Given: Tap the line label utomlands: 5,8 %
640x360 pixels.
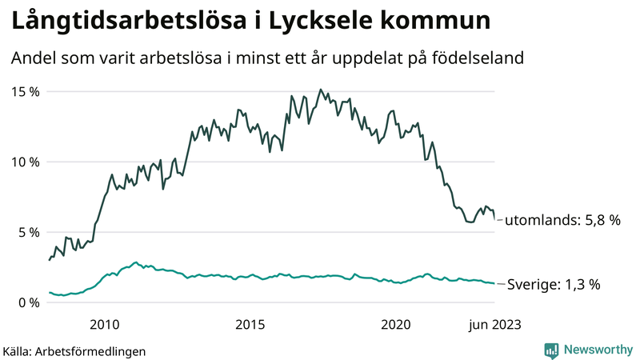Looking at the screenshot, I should tap(563, 220).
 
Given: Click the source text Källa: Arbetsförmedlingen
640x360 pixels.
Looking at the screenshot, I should tap(74, 350).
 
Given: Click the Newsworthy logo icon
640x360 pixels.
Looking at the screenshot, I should tap(551, 350).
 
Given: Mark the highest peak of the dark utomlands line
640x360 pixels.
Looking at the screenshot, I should tap(320, 90).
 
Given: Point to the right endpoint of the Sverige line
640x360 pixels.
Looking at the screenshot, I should tap(494, 284).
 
